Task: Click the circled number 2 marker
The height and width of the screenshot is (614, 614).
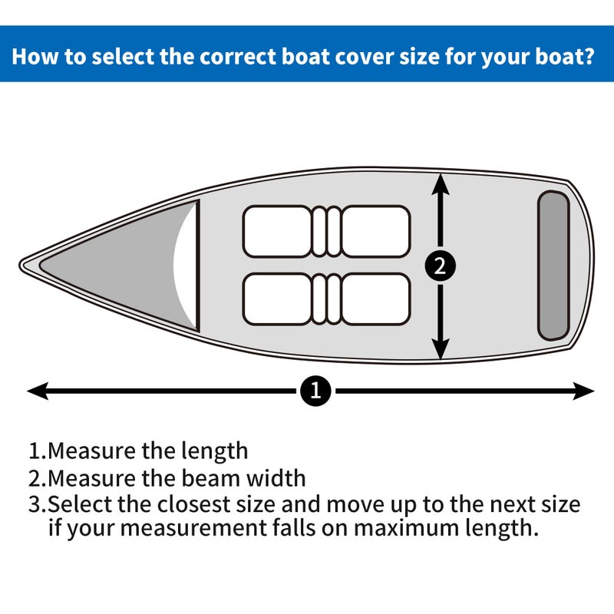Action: [440, 266]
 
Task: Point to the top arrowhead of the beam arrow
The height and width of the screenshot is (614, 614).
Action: [440, 181]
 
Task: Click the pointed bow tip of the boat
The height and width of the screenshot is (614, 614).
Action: [23, 265]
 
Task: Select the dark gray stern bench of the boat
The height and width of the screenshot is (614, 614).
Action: [553, 265]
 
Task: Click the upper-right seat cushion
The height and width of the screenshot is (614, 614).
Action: [375, 230]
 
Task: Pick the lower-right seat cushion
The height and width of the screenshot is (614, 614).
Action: [375, 299]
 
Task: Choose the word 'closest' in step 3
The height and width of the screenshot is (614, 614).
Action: [197, 505]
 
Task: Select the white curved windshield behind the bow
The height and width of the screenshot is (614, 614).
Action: [184, 265]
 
